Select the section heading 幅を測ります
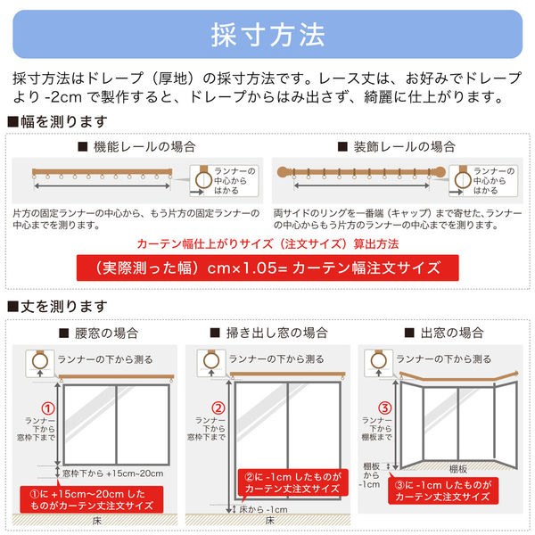point(62,121)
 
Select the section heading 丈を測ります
point(62,308)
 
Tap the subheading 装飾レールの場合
point(398,146)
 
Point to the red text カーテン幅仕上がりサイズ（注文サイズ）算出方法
point(267,243)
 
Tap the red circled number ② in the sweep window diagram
point(217,411)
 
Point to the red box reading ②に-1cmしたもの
point(290,482)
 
